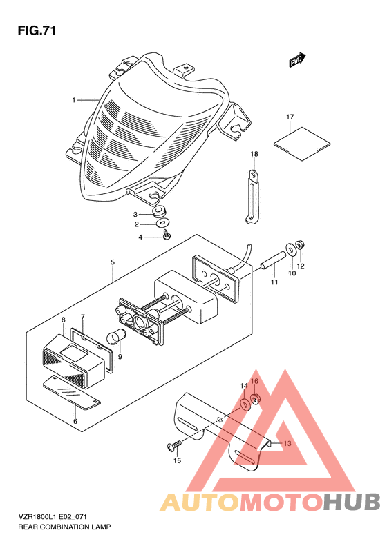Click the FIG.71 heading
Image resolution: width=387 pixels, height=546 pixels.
click(x=37, y=31)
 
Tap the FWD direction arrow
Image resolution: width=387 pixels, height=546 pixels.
click(x=297, y=60)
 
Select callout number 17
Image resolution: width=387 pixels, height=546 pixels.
click(x=290, y=117)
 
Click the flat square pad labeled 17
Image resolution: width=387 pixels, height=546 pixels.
click(x=301, y=144)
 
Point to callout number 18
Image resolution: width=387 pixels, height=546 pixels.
click(x=254, y=154)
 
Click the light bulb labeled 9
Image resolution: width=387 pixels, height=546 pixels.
click(x=115, y=337)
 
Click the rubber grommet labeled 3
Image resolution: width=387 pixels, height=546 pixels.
click(x=160, y=211)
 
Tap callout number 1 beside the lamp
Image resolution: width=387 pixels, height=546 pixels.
click(x=74, y=100)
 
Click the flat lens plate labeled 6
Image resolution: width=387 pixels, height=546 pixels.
click(x=71, y=392)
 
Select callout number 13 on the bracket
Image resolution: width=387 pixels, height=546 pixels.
click(x=287, y=444)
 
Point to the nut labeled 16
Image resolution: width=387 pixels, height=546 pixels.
click(x=256, y=399)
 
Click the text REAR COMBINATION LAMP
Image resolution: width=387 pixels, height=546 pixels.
click(x=64, y=527)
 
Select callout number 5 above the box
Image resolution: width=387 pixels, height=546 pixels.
click(x=113, y=262)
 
